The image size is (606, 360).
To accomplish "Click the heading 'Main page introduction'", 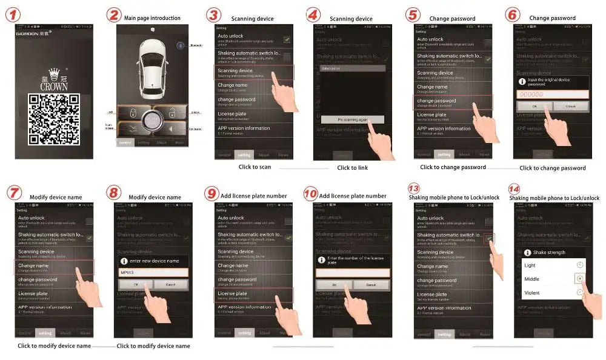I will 152,18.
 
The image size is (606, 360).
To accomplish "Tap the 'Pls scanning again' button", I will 352,120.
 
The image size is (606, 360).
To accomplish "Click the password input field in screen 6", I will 552,94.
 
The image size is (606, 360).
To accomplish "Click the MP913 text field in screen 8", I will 153,272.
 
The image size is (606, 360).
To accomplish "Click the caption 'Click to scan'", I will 255,167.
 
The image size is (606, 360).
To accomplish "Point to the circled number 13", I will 414,188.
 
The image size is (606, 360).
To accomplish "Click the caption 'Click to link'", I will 352,168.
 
